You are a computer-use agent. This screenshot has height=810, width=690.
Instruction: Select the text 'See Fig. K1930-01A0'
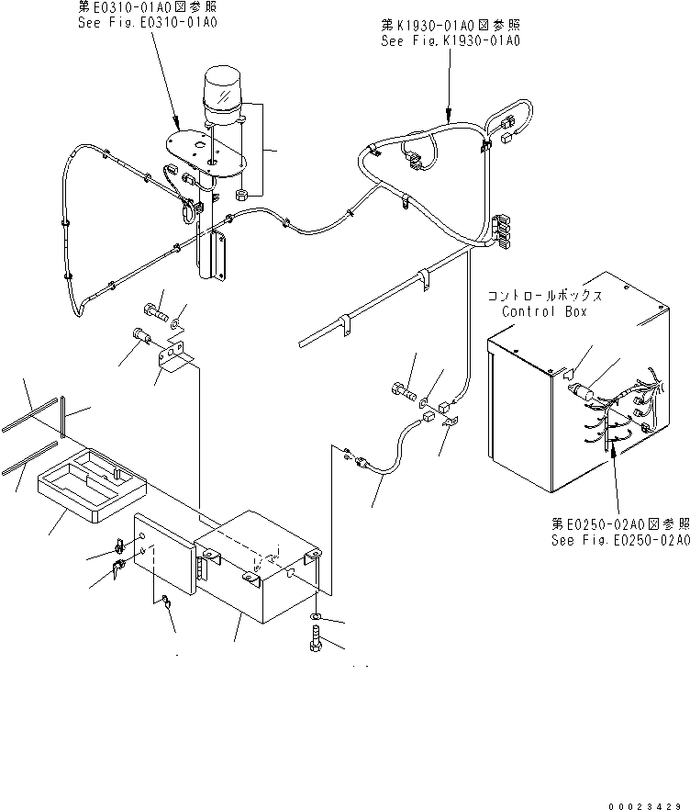coord(451,41)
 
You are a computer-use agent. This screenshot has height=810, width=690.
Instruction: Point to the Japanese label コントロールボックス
coord(545,297)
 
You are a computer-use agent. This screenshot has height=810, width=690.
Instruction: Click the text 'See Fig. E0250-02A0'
coord(619,541)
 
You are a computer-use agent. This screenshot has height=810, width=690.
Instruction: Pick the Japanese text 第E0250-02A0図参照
coord(619,523)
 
